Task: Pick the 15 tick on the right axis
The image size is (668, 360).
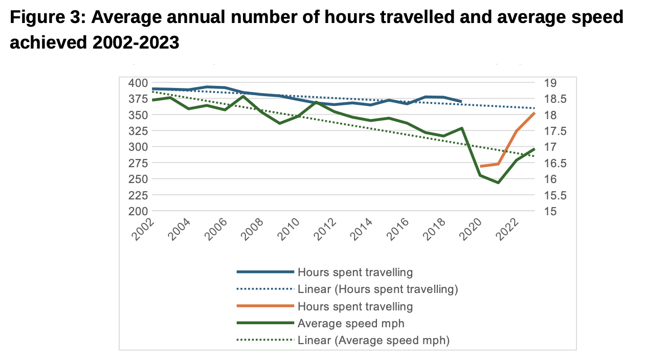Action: pos(545,211)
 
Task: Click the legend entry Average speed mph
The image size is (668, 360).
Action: pos(350,323)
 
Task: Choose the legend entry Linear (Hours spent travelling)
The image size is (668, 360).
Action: pos(377,289)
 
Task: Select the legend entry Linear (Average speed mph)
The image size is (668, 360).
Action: pos(373,340)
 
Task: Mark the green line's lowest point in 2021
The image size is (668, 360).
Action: pos(498,183)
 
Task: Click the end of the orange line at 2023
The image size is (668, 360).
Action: pos(535,113)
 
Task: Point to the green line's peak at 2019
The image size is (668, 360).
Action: pos(461,128)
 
